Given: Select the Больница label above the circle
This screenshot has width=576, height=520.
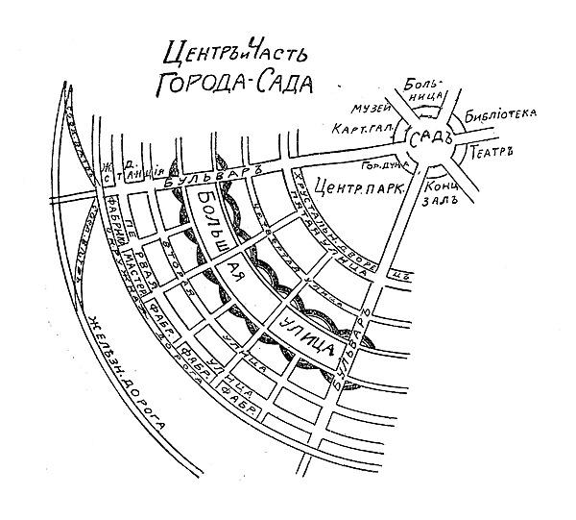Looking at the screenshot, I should click(421, 87).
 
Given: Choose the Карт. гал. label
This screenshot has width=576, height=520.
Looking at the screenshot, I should click(356, 129).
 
